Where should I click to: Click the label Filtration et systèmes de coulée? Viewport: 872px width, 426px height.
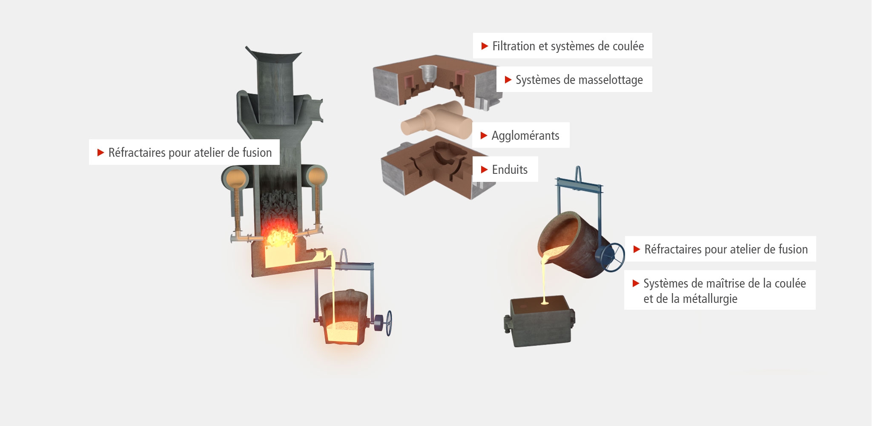click(x=562, y=46)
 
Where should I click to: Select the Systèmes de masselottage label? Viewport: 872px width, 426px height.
click(x=574, y=79)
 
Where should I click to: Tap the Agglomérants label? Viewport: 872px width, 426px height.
click(x=521, y=135)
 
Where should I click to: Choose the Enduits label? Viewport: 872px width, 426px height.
click(x=505, y=170)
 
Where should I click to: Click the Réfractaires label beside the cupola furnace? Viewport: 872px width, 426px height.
click(x=184, y=152)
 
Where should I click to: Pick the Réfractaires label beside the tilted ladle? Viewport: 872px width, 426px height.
click(x=720, y=249)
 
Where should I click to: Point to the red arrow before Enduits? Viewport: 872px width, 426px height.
click(x=484, y=170)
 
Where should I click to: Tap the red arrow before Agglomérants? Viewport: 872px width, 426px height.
click(x=484, y=135)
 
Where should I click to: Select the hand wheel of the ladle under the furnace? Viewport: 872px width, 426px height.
click(x=388, y=323)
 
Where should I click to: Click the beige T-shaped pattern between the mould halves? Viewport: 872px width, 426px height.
click(x=436, y=118)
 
